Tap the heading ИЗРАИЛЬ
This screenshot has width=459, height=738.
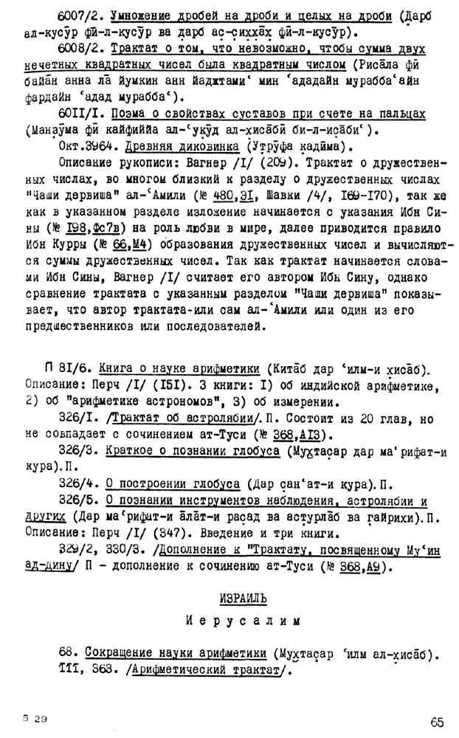click(x=243, y=596)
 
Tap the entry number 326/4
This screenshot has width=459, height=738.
click(x=80, y=483)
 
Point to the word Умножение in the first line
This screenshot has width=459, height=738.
click(x=140, y=16)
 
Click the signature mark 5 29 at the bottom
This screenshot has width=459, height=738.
click(x=35, y=717)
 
